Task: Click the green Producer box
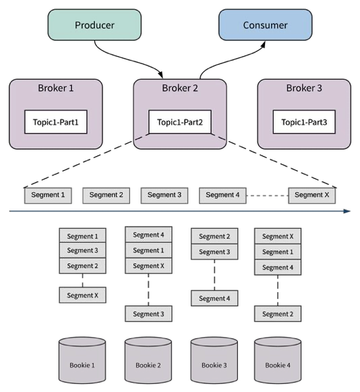point(94,25)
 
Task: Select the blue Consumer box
point(265,25)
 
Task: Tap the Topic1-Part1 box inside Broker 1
point(56,122)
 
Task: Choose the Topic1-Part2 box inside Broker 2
point(180,122)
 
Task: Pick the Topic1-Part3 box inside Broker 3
point(304,122)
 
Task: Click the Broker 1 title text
point(56,88)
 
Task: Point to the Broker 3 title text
point(304,88)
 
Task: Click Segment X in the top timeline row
point(312,195)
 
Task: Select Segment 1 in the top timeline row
point(48,195)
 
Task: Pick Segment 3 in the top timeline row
point(164,195)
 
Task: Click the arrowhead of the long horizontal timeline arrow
point(347,211)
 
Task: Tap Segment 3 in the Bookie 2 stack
point(148,314)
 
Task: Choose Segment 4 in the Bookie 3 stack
point(214,298)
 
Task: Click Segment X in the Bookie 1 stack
point(83,295)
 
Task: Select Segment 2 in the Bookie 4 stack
point(277,314)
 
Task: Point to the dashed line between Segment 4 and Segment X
point(267,195)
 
